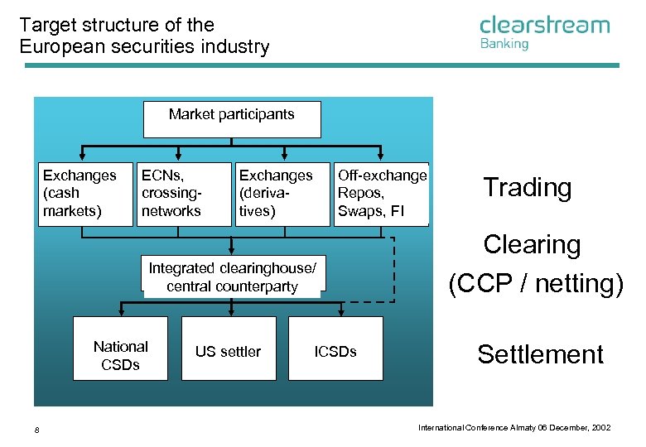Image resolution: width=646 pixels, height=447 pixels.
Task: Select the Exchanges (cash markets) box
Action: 80,194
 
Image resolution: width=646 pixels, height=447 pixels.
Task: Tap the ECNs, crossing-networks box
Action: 183,194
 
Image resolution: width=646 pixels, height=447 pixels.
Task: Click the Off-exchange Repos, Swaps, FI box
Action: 382,194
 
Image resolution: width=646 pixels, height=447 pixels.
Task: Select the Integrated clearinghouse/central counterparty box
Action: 232,276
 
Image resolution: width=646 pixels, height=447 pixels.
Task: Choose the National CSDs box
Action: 120,348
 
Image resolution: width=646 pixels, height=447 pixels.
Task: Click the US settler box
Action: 229,348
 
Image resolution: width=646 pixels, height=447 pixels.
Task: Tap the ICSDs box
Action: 335,348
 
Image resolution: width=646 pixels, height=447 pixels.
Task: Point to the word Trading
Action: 527,188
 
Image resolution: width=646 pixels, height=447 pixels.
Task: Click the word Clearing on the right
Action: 532,245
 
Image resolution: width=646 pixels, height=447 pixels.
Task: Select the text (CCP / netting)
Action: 535,283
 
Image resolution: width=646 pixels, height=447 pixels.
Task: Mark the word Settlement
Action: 540,354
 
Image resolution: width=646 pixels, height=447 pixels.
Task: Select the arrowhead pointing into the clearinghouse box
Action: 232,251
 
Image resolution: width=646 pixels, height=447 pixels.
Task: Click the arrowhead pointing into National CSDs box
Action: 121,313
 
